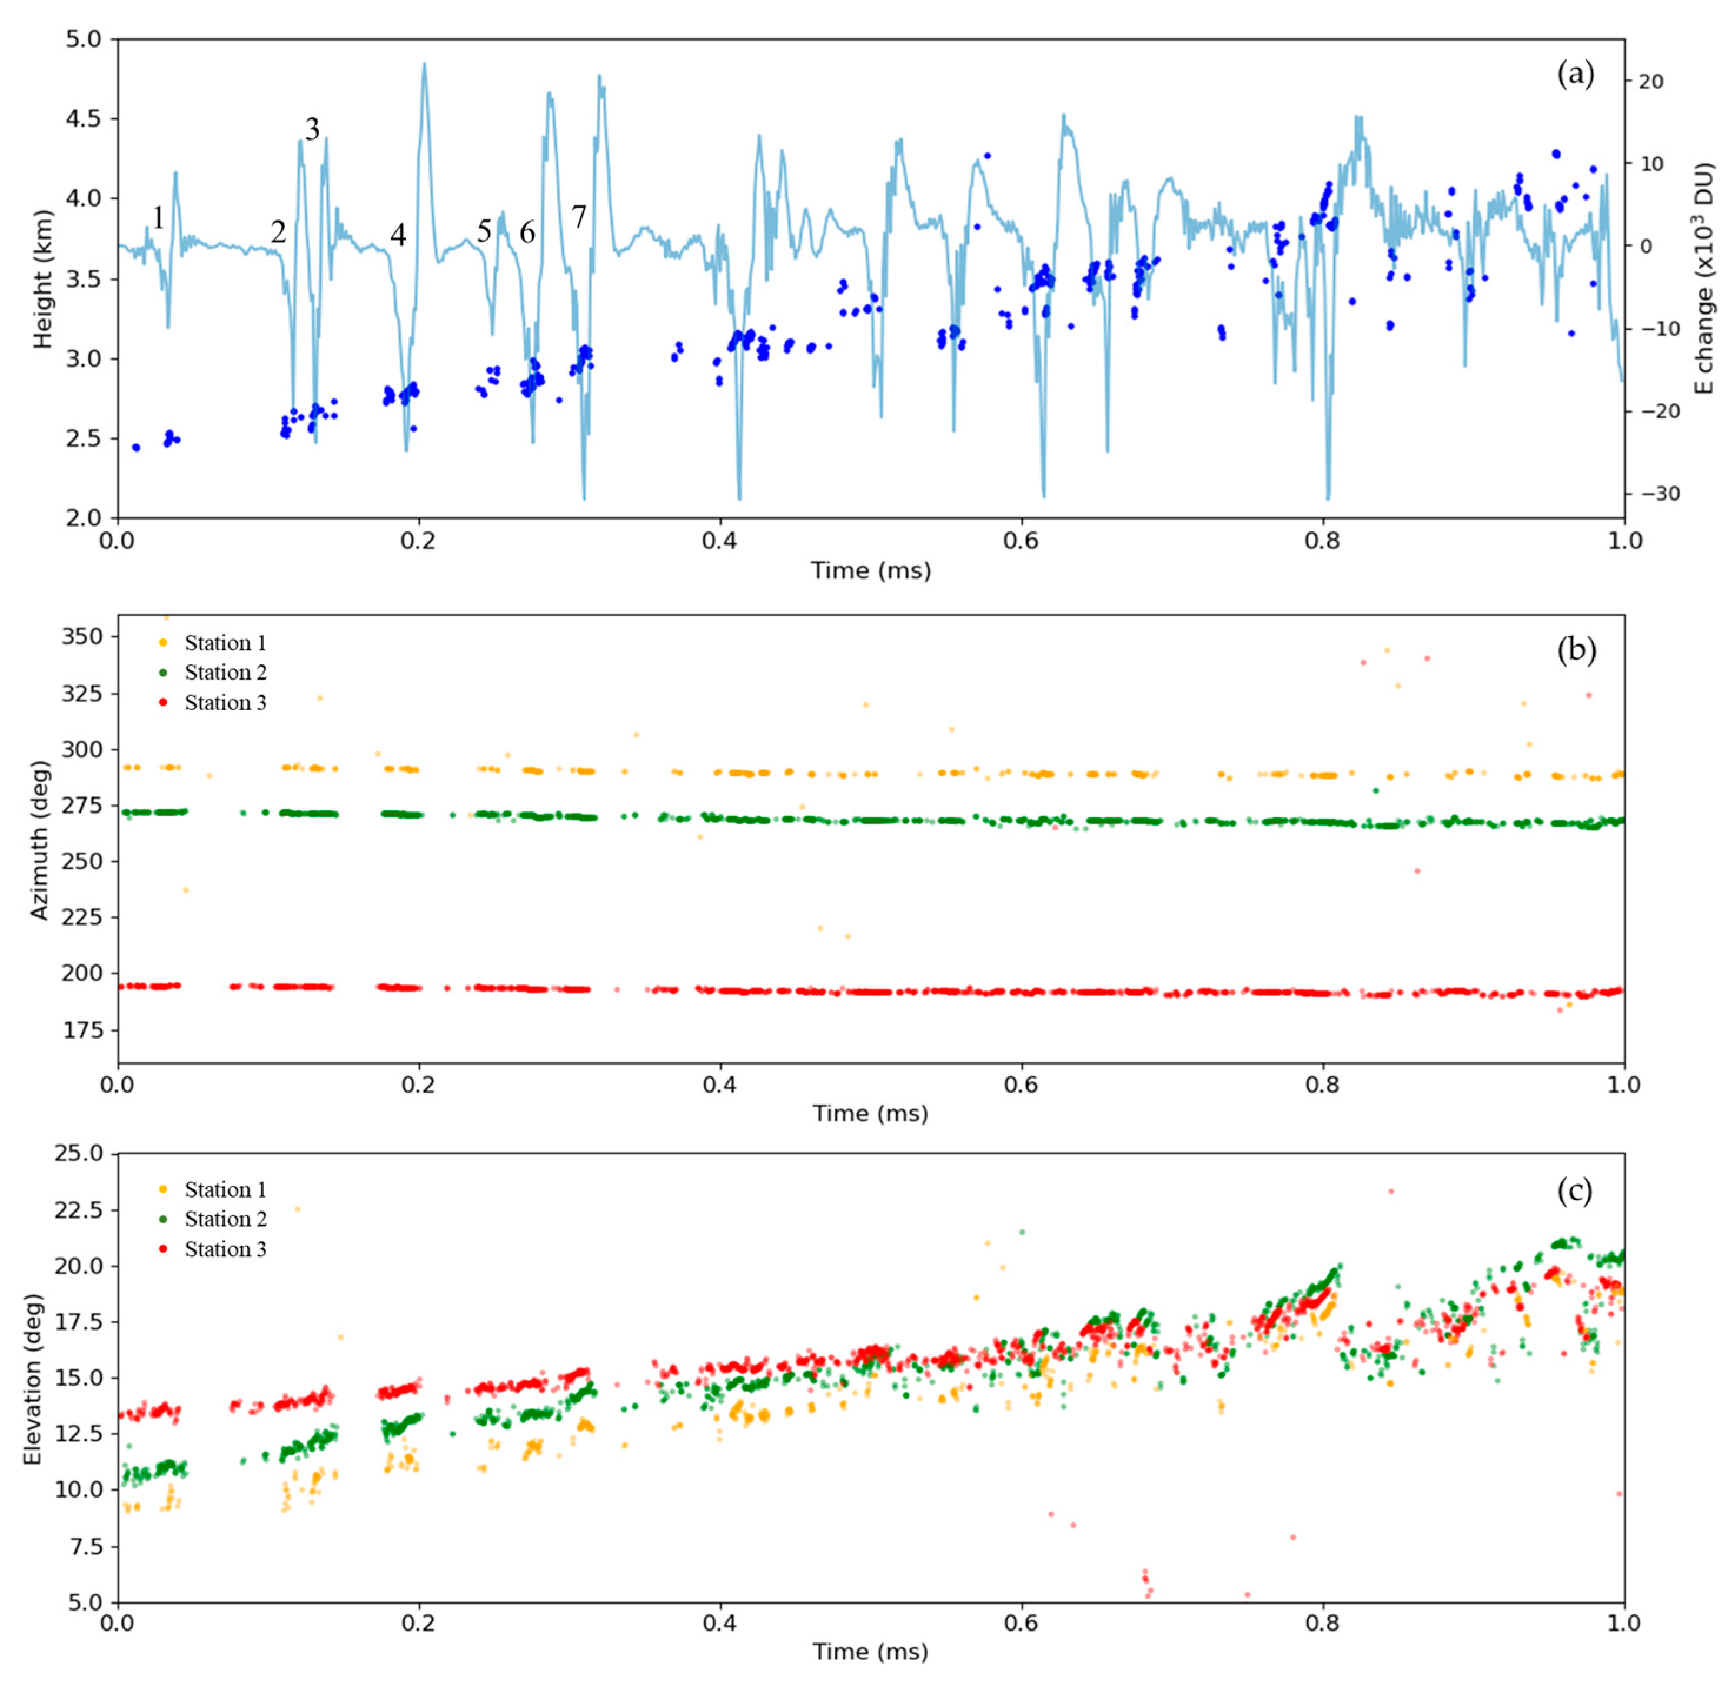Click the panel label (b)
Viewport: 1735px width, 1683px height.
(x=1576, y=651)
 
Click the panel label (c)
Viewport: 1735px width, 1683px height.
(x=1574, y=1191)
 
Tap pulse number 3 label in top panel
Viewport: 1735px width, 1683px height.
(x=311, y=130)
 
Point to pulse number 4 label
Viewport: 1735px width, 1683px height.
(x=398, y=235)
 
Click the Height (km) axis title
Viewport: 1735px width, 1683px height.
(x=42, y=279)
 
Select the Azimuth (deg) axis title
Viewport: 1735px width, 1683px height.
(x=40, y=839)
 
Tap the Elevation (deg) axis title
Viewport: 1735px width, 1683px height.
(x=33, y=1378)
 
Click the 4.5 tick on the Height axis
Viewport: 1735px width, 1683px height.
(x=83, y=119)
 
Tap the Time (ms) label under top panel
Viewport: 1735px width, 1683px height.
(x=871, y=571)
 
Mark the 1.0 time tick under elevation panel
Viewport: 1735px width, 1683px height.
(x=1623, y=1623)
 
